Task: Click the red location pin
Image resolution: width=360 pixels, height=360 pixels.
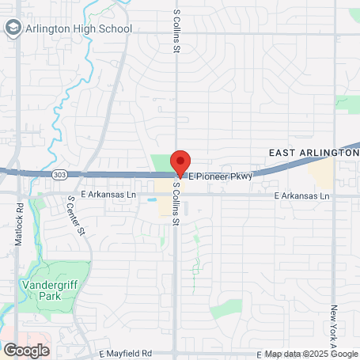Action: coord(180,161)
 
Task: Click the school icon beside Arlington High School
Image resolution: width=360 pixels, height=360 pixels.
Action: coord(13,28)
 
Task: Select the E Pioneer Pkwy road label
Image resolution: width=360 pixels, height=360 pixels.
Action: coord(221,177)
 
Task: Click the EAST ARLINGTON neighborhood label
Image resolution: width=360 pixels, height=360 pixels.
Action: coord(313,152)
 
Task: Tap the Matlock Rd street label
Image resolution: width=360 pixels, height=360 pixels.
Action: coord(18,225)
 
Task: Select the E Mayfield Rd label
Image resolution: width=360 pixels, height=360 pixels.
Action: coord(126,353)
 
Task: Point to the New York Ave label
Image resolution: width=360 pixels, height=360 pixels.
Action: coord(335,328)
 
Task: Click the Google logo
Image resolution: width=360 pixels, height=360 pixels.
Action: coord(26,350)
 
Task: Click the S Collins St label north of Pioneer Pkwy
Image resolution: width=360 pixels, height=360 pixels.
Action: coord(176,32)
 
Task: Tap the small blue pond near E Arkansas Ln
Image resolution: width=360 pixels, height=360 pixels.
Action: coord(150,200)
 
